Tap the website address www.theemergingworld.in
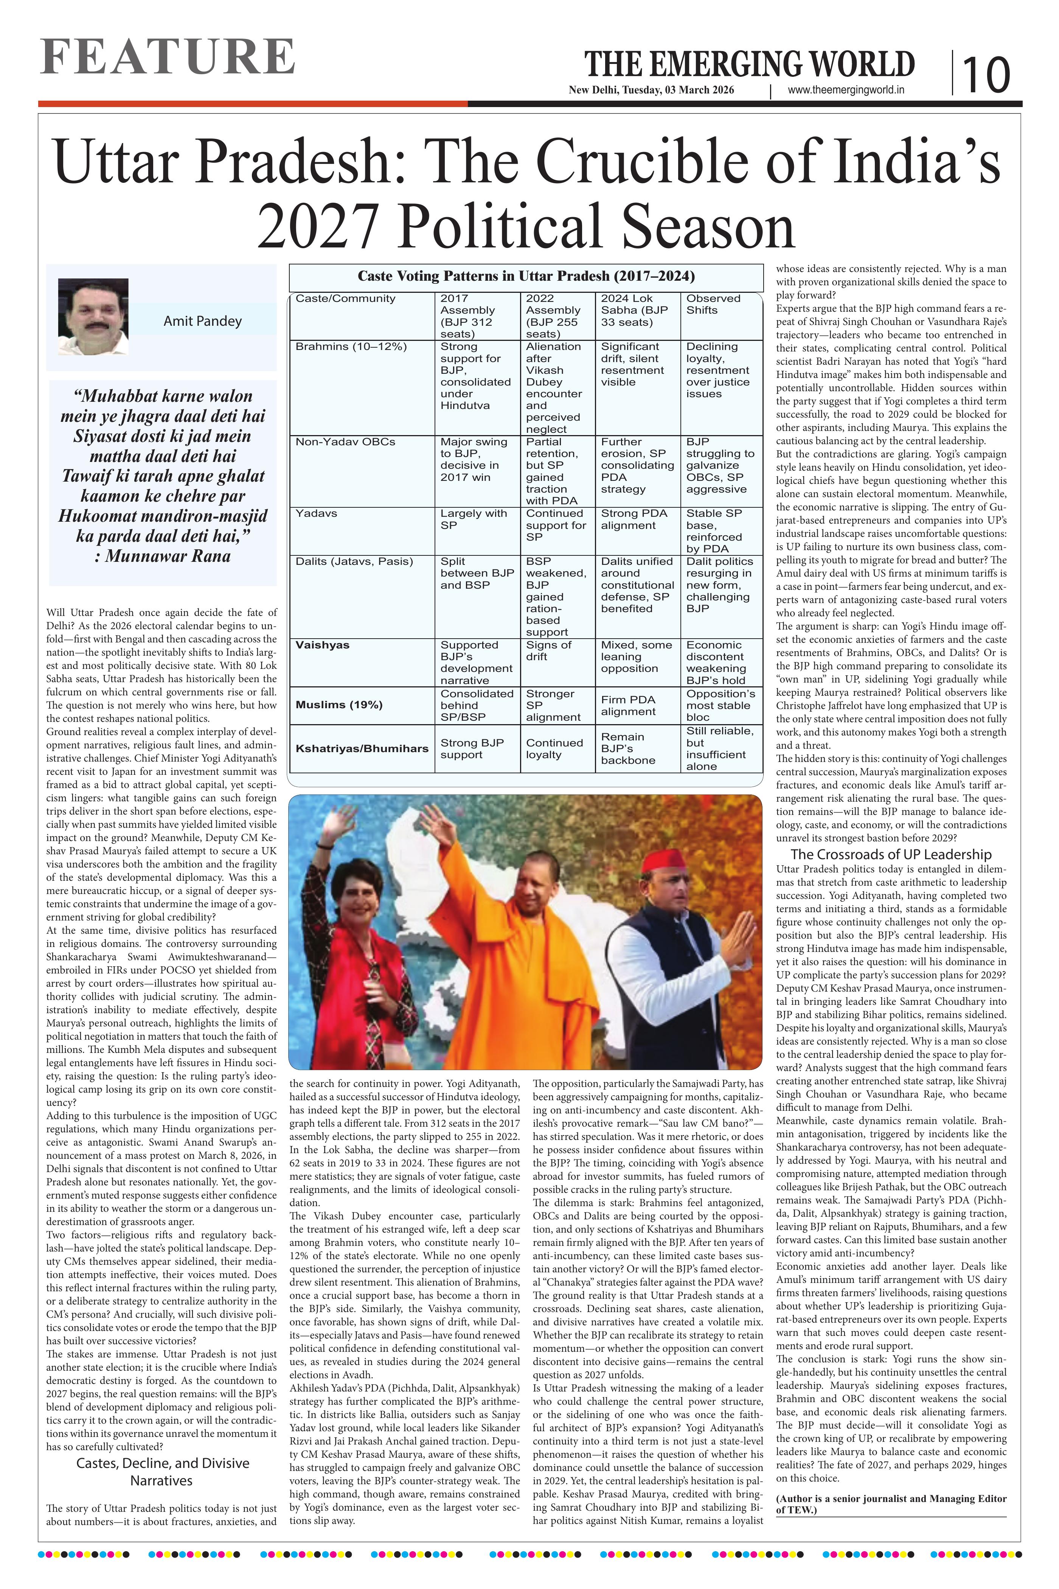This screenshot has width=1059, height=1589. click(846, 90)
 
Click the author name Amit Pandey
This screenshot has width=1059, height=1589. click(203, 321)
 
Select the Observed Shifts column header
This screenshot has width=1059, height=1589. click(713, 304)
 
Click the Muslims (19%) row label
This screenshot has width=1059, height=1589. click(339, 704)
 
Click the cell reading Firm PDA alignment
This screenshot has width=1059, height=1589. click(628, 705)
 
